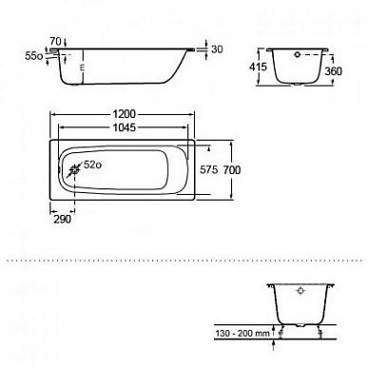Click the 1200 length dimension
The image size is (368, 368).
[x=124, y=114]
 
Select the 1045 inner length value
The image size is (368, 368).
[x=125, y=127]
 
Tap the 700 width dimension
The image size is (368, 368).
[x=232, y=170]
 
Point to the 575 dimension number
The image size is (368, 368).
[x=208, y=170]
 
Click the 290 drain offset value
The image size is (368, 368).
[x=62, y=219]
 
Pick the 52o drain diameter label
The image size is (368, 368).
[x=92, y=165]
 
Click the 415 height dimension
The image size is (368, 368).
[x=258, y=67]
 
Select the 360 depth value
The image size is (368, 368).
[x=333, y=71]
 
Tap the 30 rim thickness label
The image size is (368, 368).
[x=217, y=49]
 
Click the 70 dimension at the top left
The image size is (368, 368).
[x=55, y=41]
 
